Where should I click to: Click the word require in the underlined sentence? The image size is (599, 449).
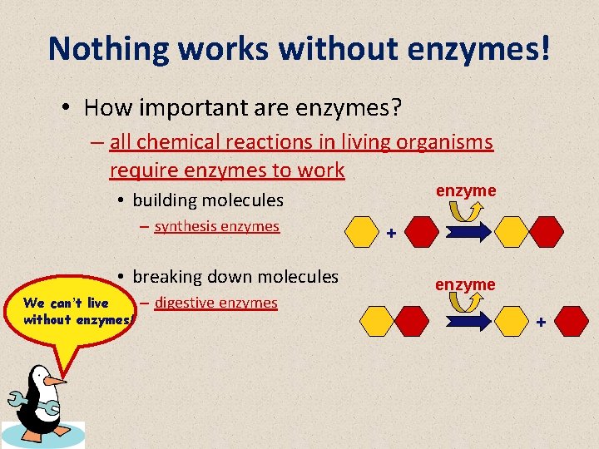141,170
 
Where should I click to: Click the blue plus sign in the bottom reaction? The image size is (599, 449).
541,321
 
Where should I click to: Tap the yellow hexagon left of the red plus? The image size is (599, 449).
363,232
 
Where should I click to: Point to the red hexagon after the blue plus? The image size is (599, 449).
572,321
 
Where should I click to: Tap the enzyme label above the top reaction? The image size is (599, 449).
465,190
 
